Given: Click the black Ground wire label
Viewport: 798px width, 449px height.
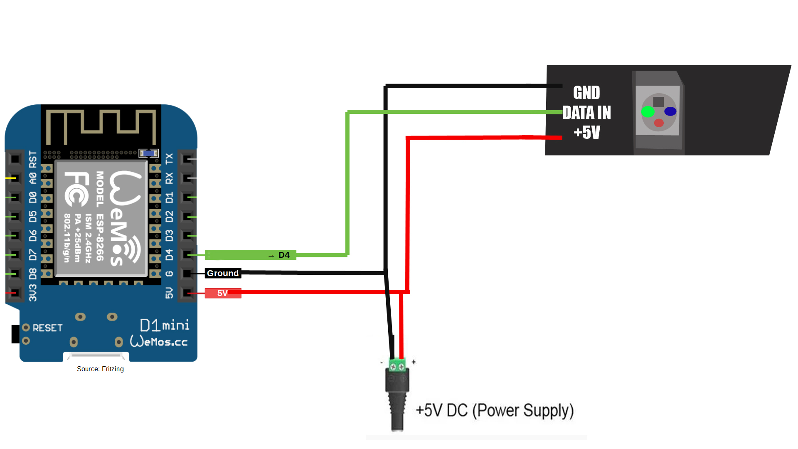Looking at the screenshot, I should (223, 273).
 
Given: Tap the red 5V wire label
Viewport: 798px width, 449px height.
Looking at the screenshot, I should (223, 293).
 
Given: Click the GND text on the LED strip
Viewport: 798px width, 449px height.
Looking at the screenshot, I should (586, 93).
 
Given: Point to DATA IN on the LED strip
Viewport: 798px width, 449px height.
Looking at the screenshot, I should (586, 113).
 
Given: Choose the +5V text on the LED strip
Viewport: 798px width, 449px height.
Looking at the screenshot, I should (586, 133).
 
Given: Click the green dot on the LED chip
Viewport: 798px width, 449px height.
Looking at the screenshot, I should (648, 111).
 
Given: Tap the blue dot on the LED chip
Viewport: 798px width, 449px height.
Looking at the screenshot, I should (670, 111).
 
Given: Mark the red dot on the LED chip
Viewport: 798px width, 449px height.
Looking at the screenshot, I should (659, 123).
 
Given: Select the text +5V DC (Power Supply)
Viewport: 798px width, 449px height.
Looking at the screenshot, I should (495, 411).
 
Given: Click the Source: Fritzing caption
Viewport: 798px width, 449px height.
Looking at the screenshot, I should (100, 369).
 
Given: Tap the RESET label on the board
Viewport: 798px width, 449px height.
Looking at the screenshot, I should (47, 328).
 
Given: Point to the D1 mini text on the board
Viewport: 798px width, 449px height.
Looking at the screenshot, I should (165, 325).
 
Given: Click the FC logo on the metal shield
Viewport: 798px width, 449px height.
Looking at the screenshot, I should (76, 189).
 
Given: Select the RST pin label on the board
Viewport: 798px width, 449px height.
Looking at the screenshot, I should (33, 159).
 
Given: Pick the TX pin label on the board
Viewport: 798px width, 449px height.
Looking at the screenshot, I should (169, 159).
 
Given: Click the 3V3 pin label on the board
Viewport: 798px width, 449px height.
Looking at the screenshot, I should (33, 293).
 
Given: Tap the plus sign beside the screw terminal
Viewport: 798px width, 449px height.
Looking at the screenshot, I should (414, 362).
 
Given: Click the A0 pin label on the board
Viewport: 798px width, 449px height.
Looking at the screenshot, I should (33, 178).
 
